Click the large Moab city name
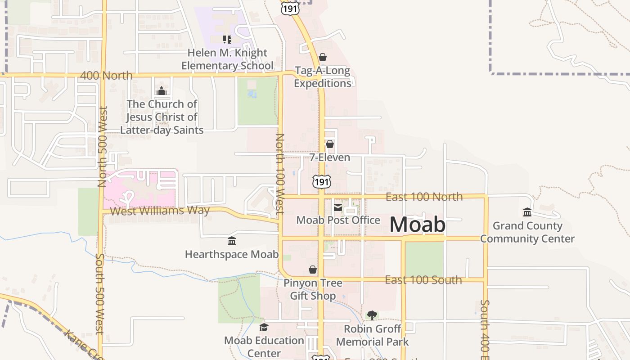pyautogui.click(x=417, y=225)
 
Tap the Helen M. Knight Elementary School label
pyautogui.click(x=227, y=59)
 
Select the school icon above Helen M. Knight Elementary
pyautogui.click(x=227, y=40)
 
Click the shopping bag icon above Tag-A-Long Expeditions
pyautogui.click(x=322, y=57)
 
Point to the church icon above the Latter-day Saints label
pyautogui.click(x=162, y=91)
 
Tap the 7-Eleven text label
pyautogui.click(x=329, y=157)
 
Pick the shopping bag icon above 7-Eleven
pyautogui.click(x=329, y=144)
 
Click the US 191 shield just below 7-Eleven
pyautogui.click(x=322, y=181)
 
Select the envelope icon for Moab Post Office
pyautogui.click(x=337, y=207)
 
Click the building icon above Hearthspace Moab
pyautogui.click(x=232, y=241)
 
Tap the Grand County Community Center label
pyautogui.click(x=527, y=232)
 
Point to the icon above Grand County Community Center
pyautogui.click(x=527, y=212)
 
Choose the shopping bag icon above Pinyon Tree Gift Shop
pyautogui.click(x=313, y=270)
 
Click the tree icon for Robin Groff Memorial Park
pyautogui.click(x=372, y=315)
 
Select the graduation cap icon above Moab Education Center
pyautogui.click(x=264, y=327)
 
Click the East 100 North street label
pyautogui.click(x=424, y=197)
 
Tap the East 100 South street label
pyautogui.click(x=423, y=280)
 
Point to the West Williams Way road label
pyautogui.click(x=160, y=211)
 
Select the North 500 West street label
pyautogui.click(x=102, y=146)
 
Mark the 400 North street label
pyautogui.click(x=106, y=75)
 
